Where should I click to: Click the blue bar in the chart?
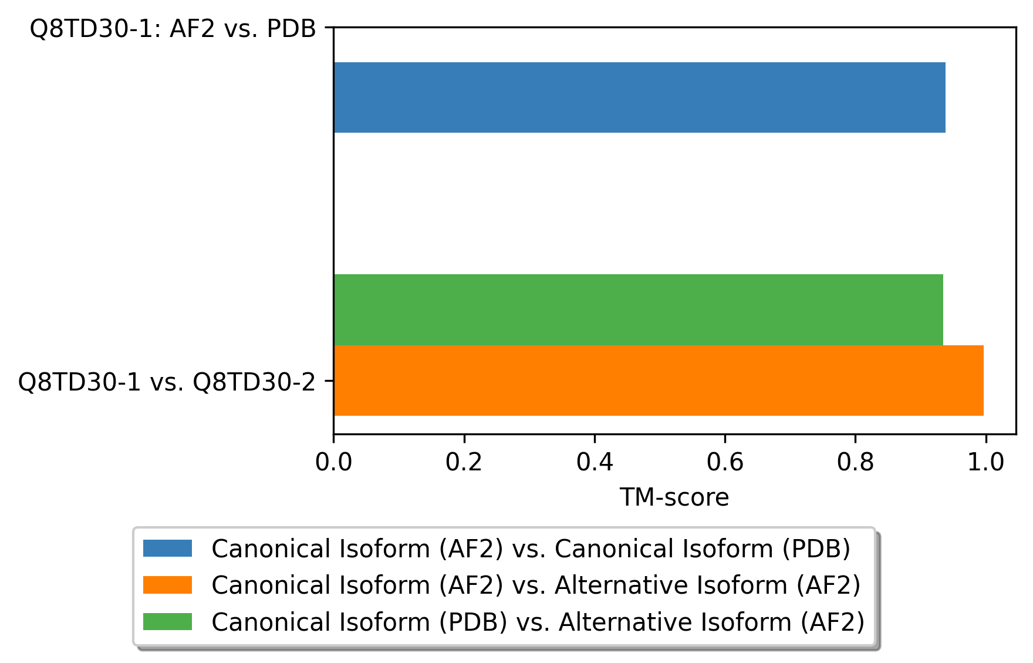(x=639, y=97)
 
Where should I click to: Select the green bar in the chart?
(x=638, y=309)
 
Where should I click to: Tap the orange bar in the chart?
(x=659, y=381)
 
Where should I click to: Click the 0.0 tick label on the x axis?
(x=333, y=463)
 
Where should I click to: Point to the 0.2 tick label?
(x=464, y=463)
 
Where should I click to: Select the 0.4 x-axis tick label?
(x=595, y=463)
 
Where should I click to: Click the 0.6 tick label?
(x=725, y=463)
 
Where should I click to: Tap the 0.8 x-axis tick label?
(x=855, y=463)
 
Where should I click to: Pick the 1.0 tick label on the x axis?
(x=986, y=463)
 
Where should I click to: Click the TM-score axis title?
(x=674, y=497)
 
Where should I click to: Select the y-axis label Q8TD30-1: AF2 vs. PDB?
(x=173, y=28)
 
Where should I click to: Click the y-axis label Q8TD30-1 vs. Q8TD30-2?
(x=167, y=382)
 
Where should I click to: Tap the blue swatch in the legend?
(x=167, y=548)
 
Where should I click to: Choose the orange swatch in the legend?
(x=167, y=585)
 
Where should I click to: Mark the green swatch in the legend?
(x=167, y=621)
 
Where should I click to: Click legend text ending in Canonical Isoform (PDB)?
(x=531, y=549)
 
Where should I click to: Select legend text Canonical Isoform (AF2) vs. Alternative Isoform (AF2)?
(x=536, y=585)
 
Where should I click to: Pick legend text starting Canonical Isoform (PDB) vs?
(x=538, y=622)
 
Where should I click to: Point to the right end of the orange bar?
(x=984, y=381)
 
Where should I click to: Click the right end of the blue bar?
(x=946, y=97)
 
